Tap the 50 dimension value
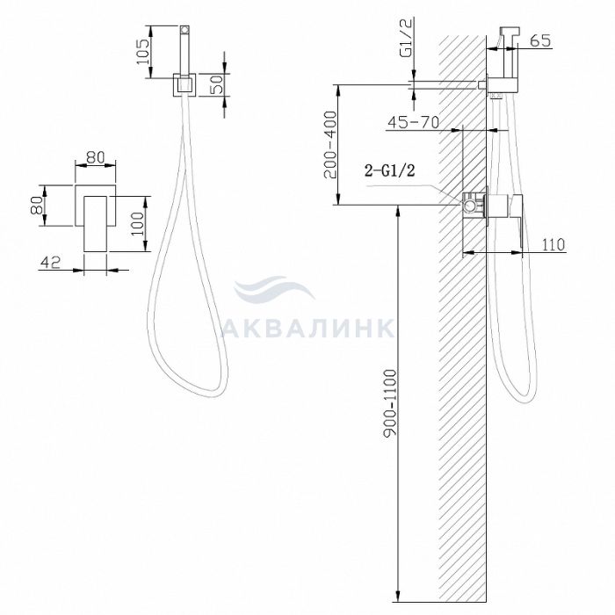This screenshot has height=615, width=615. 216,83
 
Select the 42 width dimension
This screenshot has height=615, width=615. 51,262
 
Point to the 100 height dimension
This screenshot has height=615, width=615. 138,223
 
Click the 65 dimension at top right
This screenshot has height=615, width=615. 540,40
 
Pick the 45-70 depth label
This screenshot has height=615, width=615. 414,122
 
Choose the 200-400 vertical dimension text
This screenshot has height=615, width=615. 330,145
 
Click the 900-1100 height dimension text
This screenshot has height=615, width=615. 390,402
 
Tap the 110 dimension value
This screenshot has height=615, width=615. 553,244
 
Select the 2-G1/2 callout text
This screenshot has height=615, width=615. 389,170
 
